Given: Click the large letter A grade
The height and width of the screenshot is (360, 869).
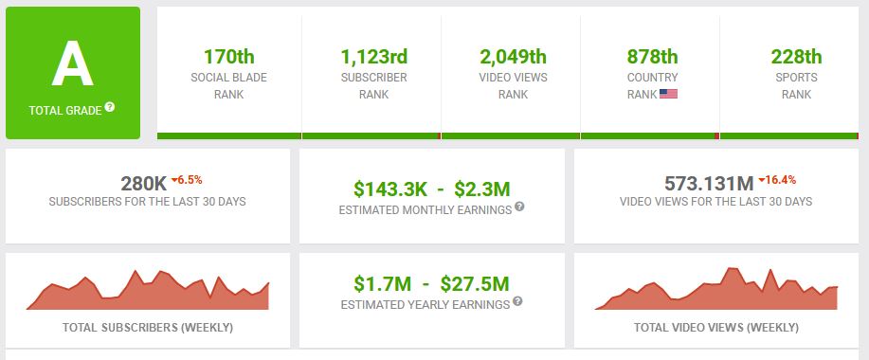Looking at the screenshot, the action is (x=73, y=63).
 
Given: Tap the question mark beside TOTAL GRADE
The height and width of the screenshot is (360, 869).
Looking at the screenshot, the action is (x=110, y=107).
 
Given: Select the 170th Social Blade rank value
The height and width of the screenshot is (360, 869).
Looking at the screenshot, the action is (x=229, y=57).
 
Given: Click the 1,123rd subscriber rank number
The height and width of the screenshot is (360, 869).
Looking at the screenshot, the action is (x=374, y=57).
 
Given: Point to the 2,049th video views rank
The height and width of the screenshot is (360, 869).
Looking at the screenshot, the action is (x=514, y=57).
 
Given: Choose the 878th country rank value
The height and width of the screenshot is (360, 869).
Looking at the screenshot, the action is (x=652, y=57).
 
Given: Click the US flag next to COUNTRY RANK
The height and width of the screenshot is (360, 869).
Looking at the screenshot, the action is (x=668, y=94).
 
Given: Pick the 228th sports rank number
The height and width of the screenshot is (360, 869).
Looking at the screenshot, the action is (x=796, y=57).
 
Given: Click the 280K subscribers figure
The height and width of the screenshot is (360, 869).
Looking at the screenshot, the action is (x=144, y=183).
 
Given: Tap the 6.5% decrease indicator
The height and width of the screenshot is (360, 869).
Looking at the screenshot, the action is (x=187, y=180).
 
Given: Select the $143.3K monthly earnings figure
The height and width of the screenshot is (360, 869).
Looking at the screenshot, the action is (x=390, y=189).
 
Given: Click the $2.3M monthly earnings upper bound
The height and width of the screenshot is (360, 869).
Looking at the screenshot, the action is (x=481, y=189).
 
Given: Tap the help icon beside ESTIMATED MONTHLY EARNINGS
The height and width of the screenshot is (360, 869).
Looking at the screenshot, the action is (x=519, y=207).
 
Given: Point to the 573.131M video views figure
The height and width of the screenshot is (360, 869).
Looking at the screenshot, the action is (x=709, y=183).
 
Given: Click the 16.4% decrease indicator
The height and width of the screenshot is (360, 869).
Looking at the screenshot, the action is (x=777, y=180).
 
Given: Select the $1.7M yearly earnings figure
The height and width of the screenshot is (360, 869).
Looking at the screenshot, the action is (x=383, y=283).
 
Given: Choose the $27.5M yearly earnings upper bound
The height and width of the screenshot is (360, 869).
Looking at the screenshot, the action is (x=475, y=283).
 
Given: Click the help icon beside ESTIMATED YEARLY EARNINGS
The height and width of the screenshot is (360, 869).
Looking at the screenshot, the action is (x=517, y=300).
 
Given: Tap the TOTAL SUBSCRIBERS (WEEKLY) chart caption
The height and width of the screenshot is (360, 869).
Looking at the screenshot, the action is (x=148, y=328).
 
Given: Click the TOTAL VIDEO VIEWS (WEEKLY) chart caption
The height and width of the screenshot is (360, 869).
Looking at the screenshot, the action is (x=716, y=328).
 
